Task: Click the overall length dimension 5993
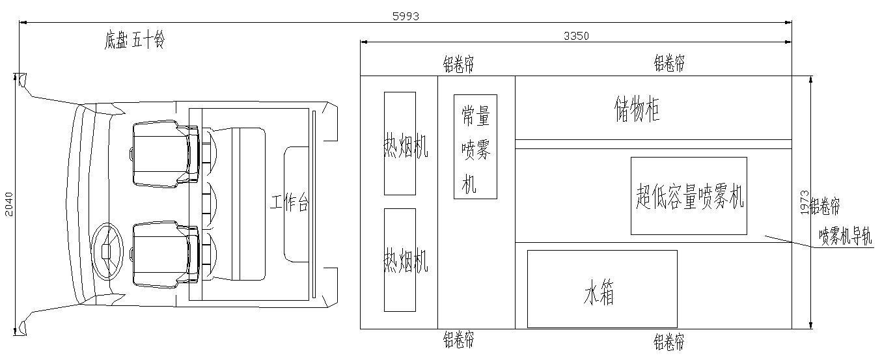406,16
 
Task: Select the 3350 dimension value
576,36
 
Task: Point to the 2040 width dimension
9,204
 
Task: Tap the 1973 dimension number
805,202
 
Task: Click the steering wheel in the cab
107,251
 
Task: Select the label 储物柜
637,108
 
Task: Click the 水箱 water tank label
598,292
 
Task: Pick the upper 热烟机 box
400,143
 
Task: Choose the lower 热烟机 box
400,260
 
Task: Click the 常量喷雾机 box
475,146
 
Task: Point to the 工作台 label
290,202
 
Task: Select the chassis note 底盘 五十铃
134,40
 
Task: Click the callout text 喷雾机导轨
846,237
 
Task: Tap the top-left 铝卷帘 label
459,64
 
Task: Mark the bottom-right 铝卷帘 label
669,342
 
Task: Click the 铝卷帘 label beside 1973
825,206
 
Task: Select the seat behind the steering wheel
165,255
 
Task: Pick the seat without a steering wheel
165,154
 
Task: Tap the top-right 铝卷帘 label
669,63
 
